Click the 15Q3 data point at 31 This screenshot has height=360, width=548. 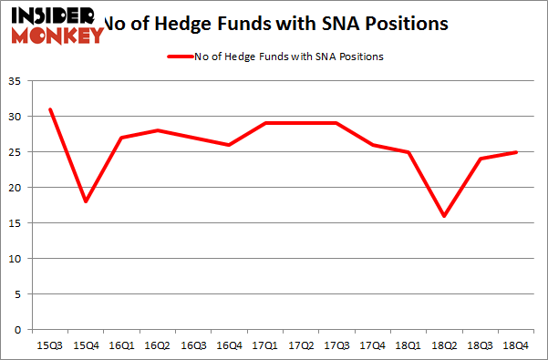50,109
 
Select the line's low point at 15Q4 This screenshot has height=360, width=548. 86,201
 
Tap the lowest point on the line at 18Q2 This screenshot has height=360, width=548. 444,216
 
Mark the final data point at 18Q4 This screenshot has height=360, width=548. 516,152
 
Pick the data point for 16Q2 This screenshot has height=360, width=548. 158,130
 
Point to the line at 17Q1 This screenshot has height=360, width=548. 265,123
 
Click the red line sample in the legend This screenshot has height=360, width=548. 178,57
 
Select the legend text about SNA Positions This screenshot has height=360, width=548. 288,57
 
